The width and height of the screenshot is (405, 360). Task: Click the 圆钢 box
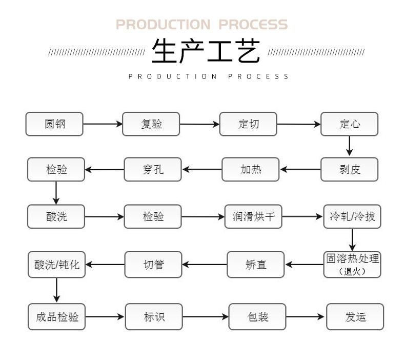54,124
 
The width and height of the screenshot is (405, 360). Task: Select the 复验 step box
151,124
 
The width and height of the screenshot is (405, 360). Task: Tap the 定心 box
350,124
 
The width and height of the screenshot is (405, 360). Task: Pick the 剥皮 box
350,169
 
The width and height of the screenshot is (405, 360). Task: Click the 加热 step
251,169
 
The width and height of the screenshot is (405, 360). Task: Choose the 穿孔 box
153,169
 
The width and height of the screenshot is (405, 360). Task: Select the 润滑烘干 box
254,216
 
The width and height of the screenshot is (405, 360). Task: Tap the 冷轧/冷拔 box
352,216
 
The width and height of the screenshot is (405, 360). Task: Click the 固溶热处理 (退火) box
352,264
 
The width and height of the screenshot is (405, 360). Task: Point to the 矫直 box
256,265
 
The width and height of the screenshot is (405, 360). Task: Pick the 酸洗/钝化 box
56,265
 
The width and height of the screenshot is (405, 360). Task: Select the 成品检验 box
56,316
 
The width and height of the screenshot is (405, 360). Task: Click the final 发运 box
355,316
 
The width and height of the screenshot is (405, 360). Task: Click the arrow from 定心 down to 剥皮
350,146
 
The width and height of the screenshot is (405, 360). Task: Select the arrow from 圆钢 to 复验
103,124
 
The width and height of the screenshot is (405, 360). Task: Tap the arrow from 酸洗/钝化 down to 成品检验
56,290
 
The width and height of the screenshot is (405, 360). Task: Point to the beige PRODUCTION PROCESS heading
201,25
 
